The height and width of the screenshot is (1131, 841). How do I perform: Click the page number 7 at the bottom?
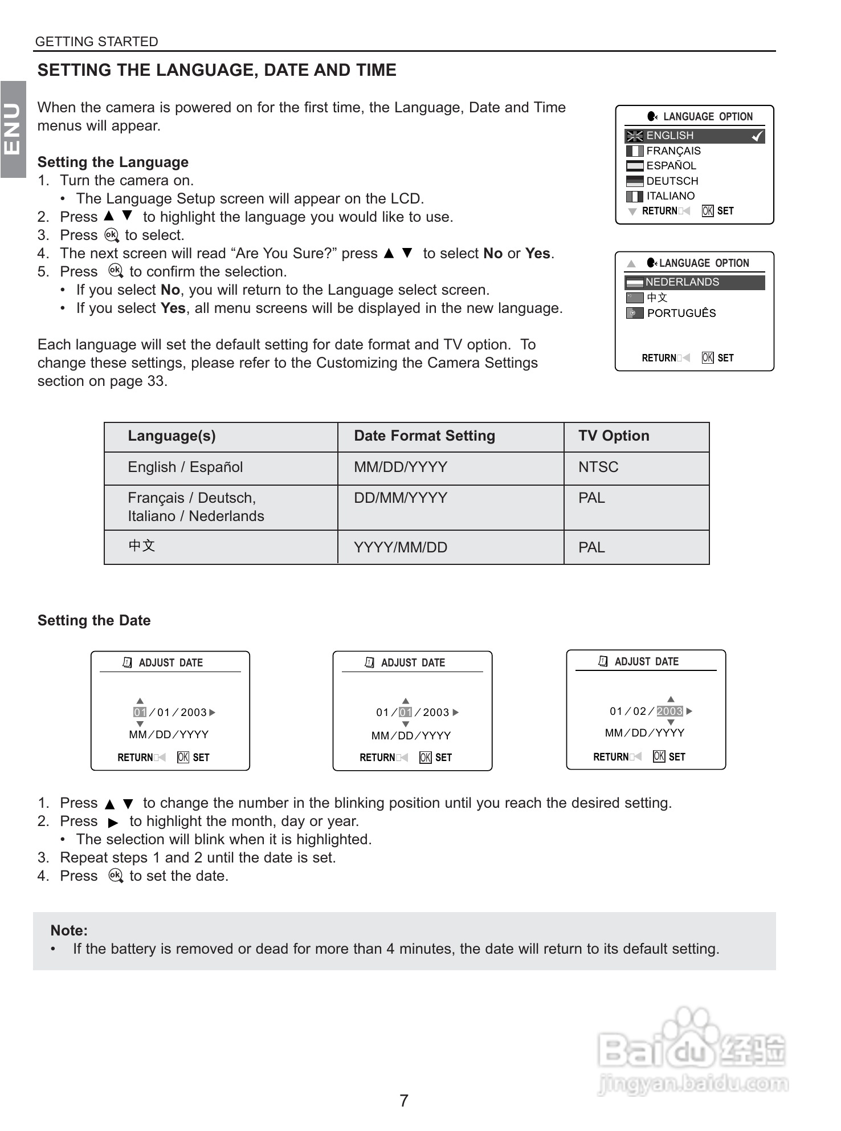403,1100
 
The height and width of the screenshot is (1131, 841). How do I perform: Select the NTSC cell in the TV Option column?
598,467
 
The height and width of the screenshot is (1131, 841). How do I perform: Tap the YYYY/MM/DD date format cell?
400,547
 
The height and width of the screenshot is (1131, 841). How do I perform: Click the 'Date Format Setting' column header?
424,436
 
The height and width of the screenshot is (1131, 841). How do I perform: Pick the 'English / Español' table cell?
185,467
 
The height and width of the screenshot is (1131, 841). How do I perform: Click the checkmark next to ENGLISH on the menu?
757,136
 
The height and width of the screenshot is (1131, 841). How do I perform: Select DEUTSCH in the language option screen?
672,181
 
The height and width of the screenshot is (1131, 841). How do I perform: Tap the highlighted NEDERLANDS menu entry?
682,282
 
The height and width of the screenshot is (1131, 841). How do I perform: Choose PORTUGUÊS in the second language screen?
681,313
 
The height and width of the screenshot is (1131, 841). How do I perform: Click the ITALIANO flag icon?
634,196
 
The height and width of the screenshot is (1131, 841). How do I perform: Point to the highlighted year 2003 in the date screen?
669,711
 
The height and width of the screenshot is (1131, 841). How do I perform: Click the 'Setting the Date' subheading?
94,620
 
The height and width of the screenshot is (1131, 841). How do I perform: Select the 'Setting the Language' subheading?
113,162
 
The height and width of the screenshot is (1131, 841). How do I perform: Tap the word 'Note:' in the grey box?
69,930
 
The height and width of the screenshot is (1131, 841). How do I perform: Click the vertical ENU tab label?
13,129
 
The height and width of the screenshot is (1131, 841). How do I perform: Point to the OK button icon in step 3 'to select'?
112,235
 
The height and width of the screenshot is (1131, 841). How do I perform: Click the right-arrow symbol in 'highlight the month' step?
113,822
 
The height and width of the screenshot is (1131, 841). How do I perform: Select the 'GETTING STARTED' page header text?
96,42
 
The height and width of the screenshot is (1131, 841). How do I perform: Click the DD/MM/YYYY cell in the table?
400,498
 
